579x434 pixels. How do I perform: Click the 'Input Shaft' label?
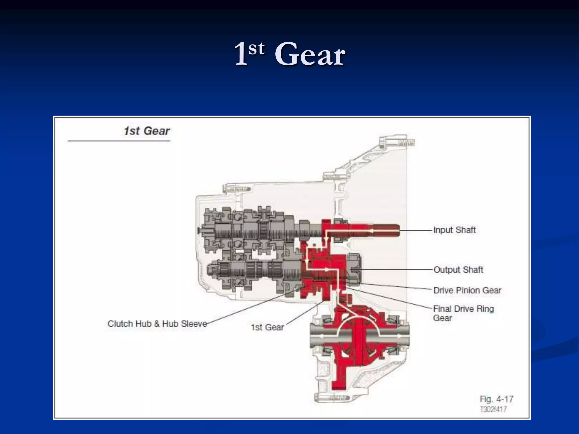point(454,230)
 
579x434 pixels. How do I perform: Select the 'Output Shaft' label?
point(458,270)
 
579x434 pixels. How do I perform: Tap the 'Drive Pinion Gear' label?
point(467,290)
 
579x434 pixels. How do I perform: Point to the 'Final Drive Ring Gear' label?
point(463,313)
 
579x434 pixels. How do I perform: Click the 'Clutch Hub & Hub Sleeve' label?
point(157,324)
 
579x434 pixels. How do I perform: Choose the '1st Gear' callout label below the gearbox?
point(267,327)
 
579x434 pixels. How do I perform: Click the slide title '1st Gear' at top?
point(289,54)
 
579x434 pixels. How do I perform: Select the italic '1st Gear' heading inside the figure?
point(147,131)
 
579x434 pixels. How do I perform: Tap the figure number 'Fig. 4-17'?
point(496,399)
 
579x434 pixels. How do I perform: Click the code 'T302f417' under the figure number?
point(493,409)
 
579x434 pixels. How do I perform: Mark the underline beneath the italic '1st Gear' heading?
point(119,140)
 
